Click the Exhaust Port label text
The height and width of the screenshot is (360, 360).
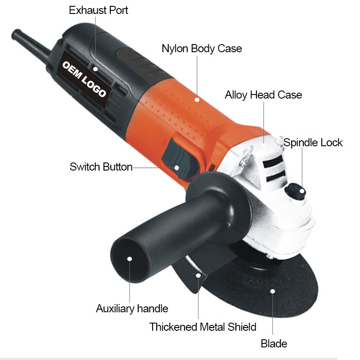click(x=98, y=10)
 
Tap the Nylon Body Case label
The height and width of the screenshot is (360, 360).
click(x=202, y=49)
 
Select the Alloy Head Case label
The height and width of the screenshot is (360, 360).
click(x=263, y=95)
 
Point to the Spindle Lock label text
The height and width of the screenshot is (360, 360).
click(x=313, y=143)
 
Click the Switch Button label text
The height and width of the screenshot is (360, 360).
click(x=101, y=167)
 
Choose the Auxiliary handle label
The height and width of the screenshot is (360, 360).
click(x=132, y=309)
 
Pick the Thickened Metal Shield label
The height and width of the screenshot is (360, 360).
click(x=203, y=327)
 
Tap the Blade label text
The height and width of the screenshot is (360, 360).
click(x=274, y=344)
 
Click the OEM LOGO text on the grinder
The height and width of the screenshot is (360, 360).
click(x=84, y=79)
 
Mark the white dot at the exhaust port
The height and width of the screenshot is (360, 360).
click(x=95, y=69)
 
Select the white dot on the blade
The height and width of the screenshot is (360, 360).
click(x=273, y=291)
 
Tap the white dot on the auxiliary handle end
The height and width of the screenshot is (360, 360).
click(x=130, y=259)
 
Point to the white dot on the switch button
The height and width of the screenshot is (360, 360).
click(x=176, y=168)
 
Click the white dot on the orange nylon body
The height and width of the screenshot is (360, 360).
click(x=197, y=99)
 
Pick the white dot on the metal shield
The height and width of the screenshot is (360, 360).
click(x=198, y=275)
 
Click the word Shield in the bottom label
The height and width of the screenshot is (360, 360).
click(x=242, y=327)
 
